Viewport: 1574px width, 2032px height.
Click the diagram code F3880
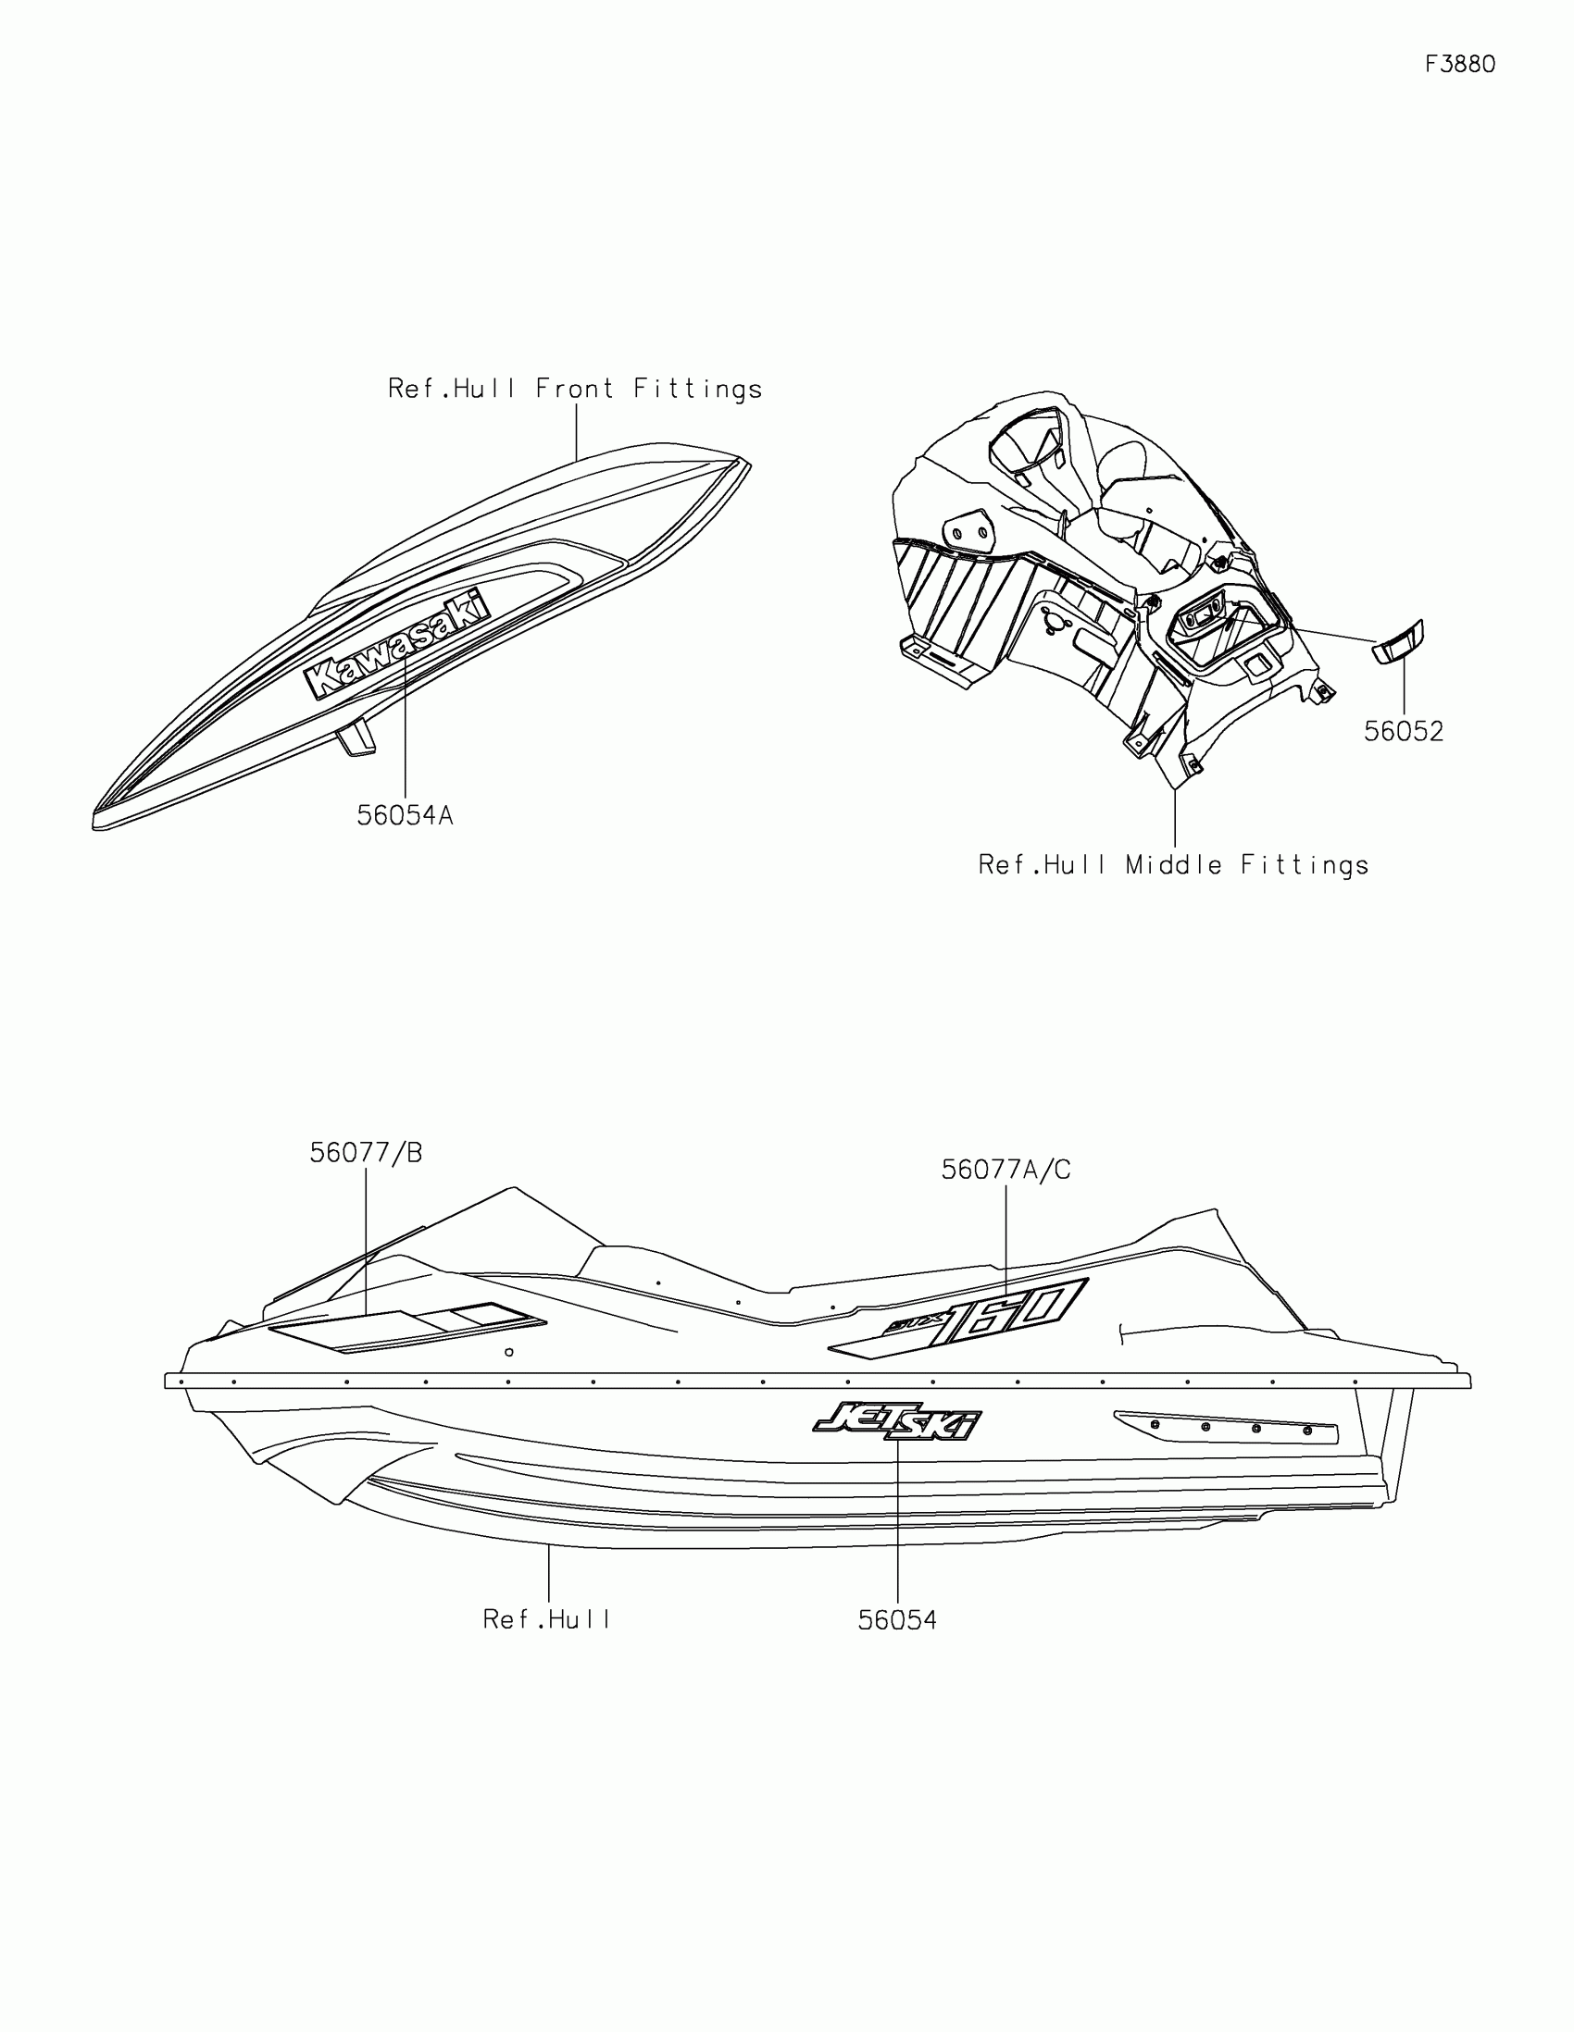[1459, 64]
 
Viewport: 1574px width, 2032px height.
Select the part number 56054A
[405, 816]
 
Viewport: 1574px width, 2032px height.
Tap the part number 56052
[1404, 732]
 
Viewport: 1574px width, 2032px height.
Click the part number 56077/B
[366, 1154]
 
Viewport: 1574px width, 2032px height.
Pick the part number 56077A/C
[1006, 1171]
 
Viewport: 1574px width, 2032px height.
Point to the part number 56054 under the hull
[897, 1621]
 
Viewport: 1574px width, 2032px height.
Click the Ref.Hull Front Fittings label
[575, 389]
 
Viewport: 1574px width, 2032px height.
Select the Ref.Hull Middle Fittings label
[1173, 866]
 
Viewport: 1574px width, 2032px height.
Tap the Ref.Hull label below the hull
[546, 1620]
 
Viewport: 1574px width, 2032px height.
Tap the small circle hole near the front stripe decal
[509, 1353]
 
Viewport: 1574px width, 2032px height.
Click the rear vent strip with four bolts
[1227, 1426]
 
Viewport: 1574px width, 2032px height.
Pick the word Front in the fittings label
[574, 389]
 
